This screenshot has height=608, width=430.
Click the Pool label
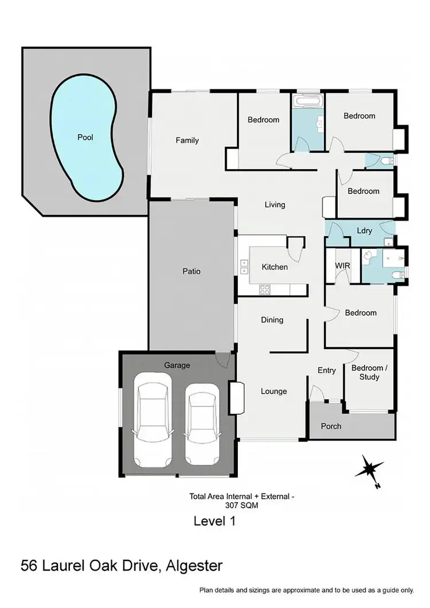pos(85,138)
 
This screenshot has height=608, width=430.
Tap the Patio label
pos(191,272)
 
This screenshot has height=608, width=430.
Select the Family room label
pos(187,140)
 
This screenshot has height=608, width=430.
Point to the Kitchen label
pos(275,267)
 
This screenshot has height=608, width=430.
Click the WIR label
pos(342,266)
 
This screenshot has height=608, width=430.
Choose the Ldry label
pos(365,231)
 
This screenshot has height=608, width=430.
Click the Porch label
pos(331,426)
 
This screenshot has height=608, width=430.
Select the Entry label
pos(327,371)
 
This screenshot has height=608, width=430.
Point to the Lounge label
pos(274,391)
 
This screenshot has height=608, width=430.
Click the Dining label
pos(272,320)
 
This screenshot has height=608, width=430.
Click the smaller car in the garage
pos(202,423)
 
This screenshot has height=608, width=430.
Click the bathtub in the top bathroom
pos(308,103)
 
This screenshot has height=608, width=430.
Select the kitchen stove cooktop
pos(265,289)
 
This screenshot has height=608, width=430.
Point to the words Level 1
pos(215,521)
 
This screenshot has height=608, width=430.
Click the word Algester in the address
pos(194,567)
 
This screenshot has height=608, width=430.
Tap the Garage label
pos(177,365)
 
